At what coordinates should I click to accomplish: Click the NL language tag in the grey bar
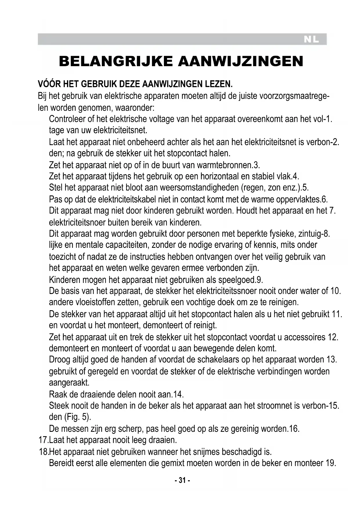point(311,40)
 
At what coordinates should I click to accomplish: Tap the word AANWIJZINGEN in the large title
point(240,62)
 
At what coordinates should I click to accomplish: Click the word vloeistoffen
point(91,302)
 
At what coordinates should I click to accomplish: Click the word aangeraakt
point(69,383)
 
